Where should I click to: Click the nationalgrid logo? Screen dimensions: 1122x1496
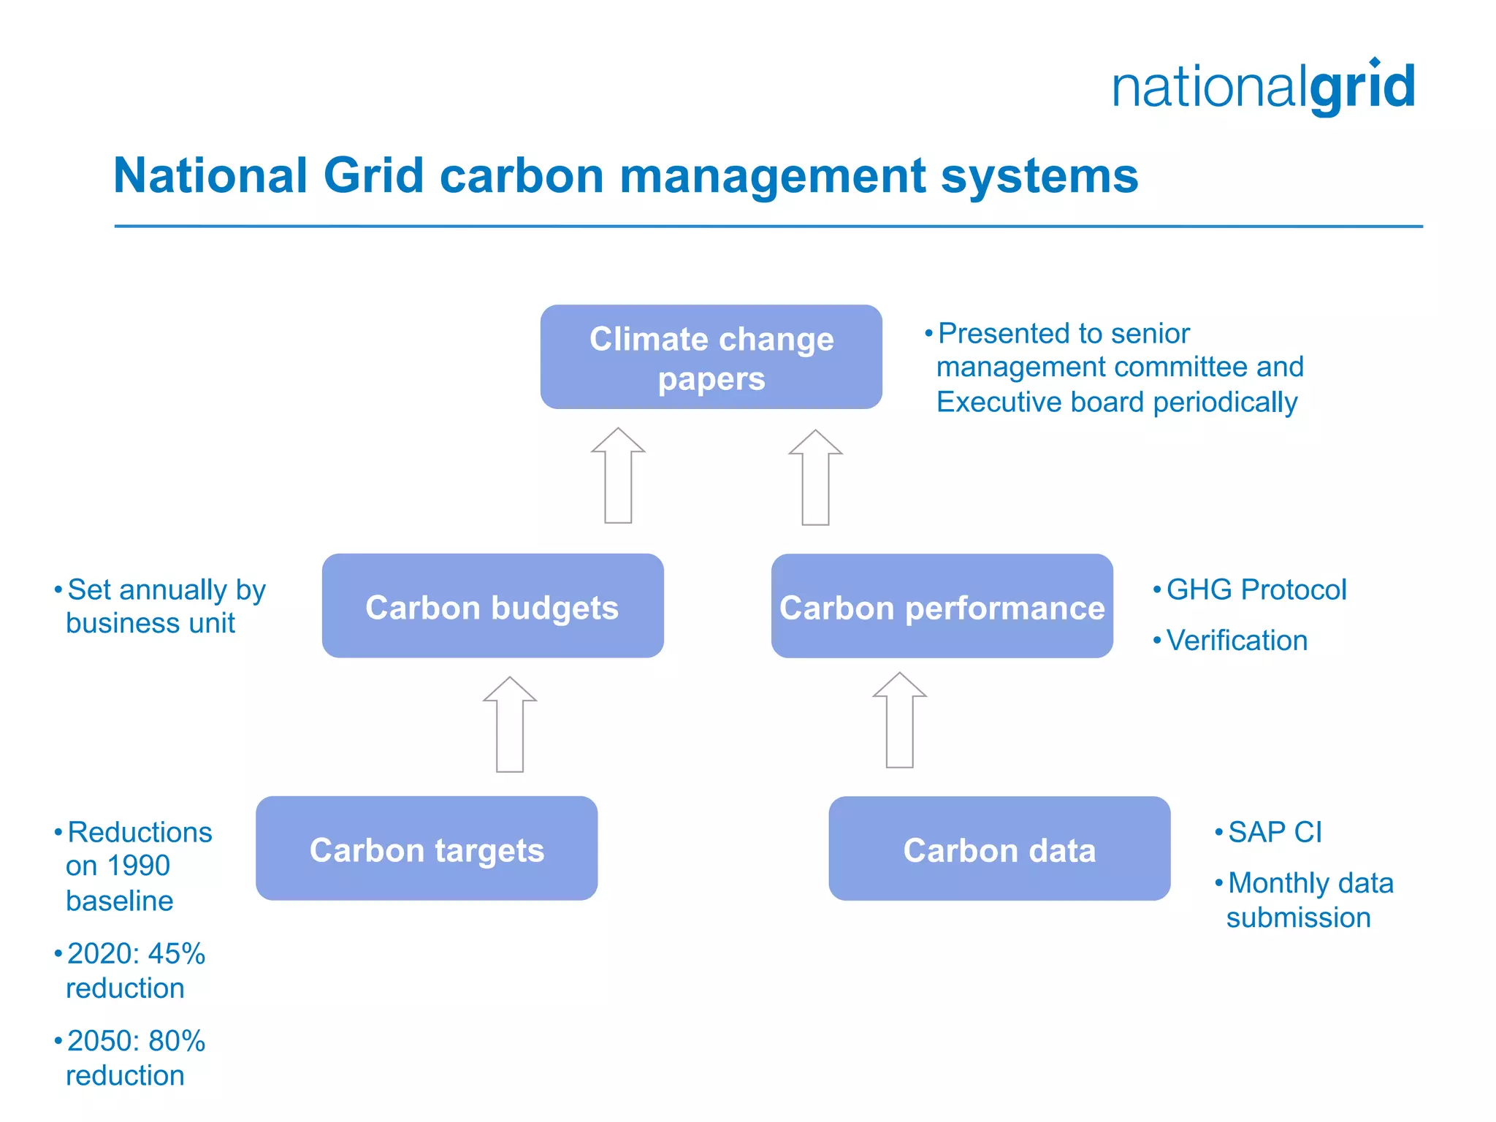pyautogui.click(x=1263, y=87)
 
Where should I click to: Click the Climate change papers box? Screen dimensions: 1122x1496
pyautogui.click(x=711, y=357)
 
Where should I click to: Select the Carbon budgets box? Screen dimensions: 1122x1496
pyautogui.click(x=492, y=606)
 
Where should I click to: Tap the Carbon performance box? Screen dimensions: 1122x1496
pyautogui.click(x=942, y=606)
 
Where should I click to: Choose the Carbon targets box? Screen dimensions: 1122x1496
pyautogui.click(x=427, y=849)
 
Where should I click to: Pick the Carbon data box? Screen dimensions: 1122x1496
pyautogui.click(x=999, y=849)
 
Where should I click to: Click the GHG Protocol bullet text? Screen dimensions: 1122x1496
pyautogui.click(x=1256, y=589)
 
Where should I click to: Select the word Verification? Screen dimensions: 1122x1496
pyautogui.click(x=1237, y=641)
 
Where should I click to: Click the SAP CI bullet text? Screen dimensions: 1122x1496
pyautogui.click(x=1275, y=832)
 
